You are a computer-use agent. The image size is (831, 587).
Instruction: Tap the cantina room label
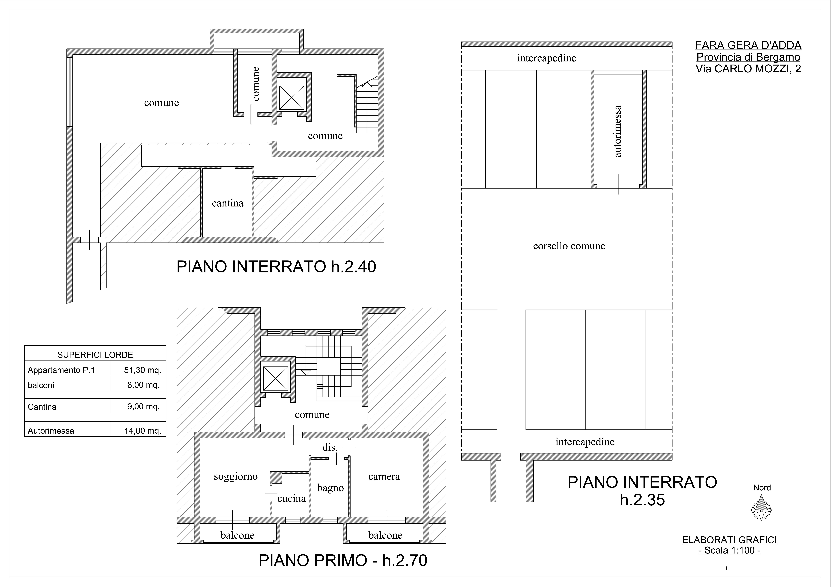228,203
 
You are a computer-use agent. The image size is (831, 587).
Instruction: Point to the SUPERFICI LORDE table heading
95,355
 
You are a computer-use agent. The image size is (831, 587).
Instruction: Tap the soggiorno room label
236,477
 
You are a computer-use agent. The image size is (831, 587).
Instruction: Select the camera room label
384,477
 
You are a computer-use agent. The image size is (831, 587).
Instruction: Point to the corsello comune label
569,246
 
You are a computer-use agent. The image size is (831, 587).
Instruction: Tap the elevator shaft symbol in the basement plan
292,98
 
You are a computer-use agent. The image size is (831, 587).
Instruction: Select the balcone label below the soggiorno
237,535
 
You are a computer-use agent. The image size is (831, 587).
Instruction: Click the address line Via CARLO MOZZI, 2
748,69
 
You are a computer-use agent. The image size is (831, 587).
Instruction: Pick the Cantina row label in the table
42,407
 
